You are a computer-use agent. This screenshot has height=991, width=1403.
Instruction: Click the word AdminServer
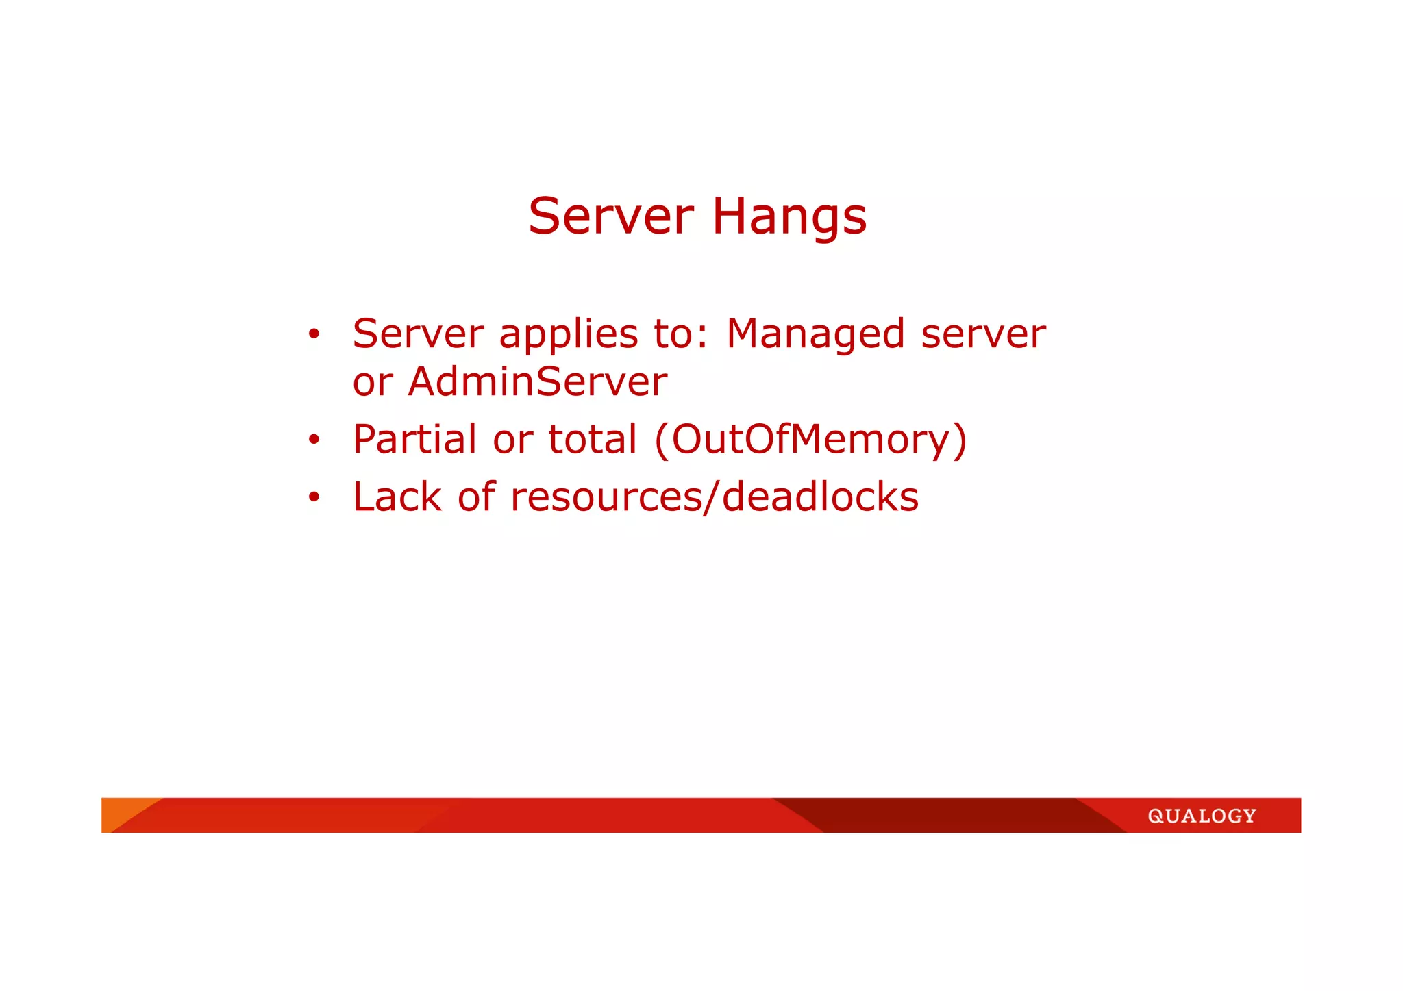(x=537, y=382)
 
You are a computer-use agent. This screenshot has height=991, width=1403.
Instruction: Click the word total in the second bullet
(x=593, y=439)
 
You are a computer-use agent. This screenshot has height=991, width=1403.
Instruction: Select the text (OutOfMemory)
(x=811, y=439)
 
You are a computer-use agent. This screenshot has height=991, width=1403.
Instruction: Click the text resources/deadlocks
(x=715, y=497)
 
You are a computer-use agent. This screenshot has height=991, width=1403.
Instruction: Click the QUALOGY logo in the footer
(x=1202, y=816)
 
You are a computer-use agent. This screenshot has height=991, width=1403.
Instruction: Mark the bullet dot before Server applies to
(x=314, y=335)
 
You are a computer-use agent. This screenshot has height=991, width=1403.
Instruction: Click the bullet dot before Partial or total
(x=314, y=440)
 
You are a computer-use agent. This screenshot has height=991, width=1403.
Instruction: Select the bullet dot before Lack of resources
(x=314, y=497)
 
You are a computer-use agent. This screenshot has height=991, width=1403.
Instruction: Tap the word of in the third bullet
(x=476, y=497)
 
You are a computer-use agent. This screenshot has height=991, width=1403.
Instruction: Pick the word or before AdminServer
(x=373, y=382)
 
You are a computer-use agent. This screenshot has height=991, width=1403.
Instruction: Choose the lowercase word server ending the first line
(x=983, y=335)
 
